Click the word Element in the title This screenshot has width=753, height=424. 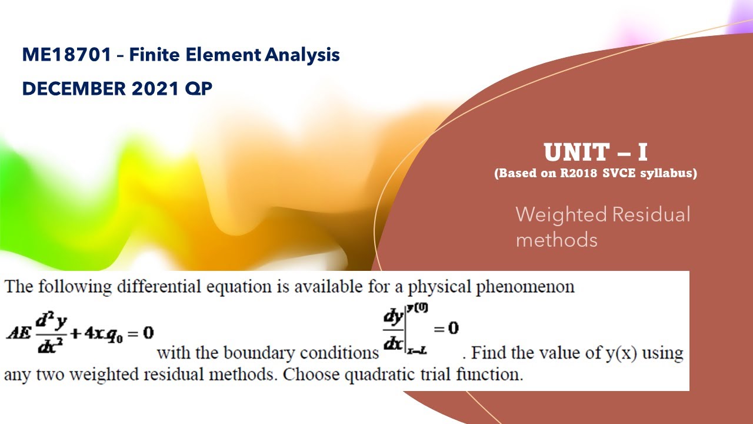point(227,55)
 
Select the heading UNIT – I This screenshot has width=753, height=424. point(595,153)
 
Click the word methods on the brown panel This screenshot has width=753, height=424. point(556,240)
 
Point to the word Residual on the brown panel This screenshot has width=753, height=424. point(651,214)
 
